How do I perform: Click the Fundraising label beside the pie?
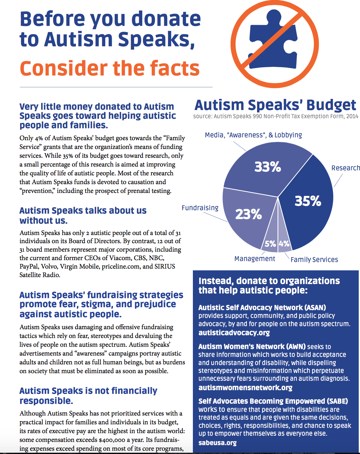(x=200, y=208)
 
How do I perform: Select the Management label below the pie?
(x=254, y=259)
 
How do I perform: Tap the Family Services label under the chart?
(x=314, y=260)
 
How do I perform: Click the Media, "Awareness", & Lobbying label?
(x=253, y=135)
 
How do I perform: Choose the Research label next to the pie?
(x=346, y=168)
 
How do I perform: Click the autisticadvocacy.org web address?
(x=234, y=332)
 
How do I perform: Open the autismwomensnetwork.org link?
(x=245, y=387)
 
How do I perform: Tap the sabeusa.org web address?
(x=217, y=443)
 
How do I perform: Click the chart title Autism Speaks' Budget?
(x=275, y=105)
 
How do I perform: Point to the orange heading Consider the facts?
(x=110, y=68)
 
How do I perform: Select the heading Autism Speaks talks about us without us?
(x=83, y=215)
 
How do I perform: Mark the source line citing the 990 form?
(x=275, y=116)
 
